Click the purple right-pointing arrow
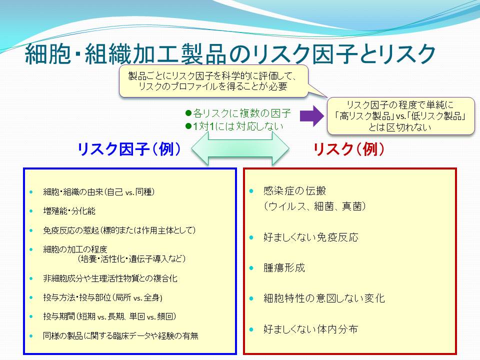coord(311,116)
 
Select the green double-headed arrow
coord(240,148)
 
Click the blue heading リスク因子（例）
coord(129,149)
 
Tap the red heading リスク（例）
coord(348,149)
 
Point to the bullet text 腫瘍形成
coord(284,268)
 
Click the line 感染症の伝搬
coord(294,191)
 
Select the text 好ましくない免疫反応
coord(310,237)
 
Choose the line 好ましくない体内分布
coord(310,329)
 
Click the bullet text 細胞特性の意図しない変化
coord(324,298)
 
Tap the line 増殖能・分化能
coord(69,211)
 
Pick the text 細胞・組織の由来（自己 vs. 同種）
coord(99,192)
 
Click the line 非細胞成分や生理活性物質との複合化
coord(110,278)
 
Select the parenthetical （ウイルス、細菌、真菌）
coord(314,206)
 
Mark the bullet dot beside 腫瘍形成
coord(251,268)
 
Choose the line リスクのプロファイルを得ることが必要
coord(213,86)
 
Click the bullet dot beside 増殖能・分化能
coord(31,211)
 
